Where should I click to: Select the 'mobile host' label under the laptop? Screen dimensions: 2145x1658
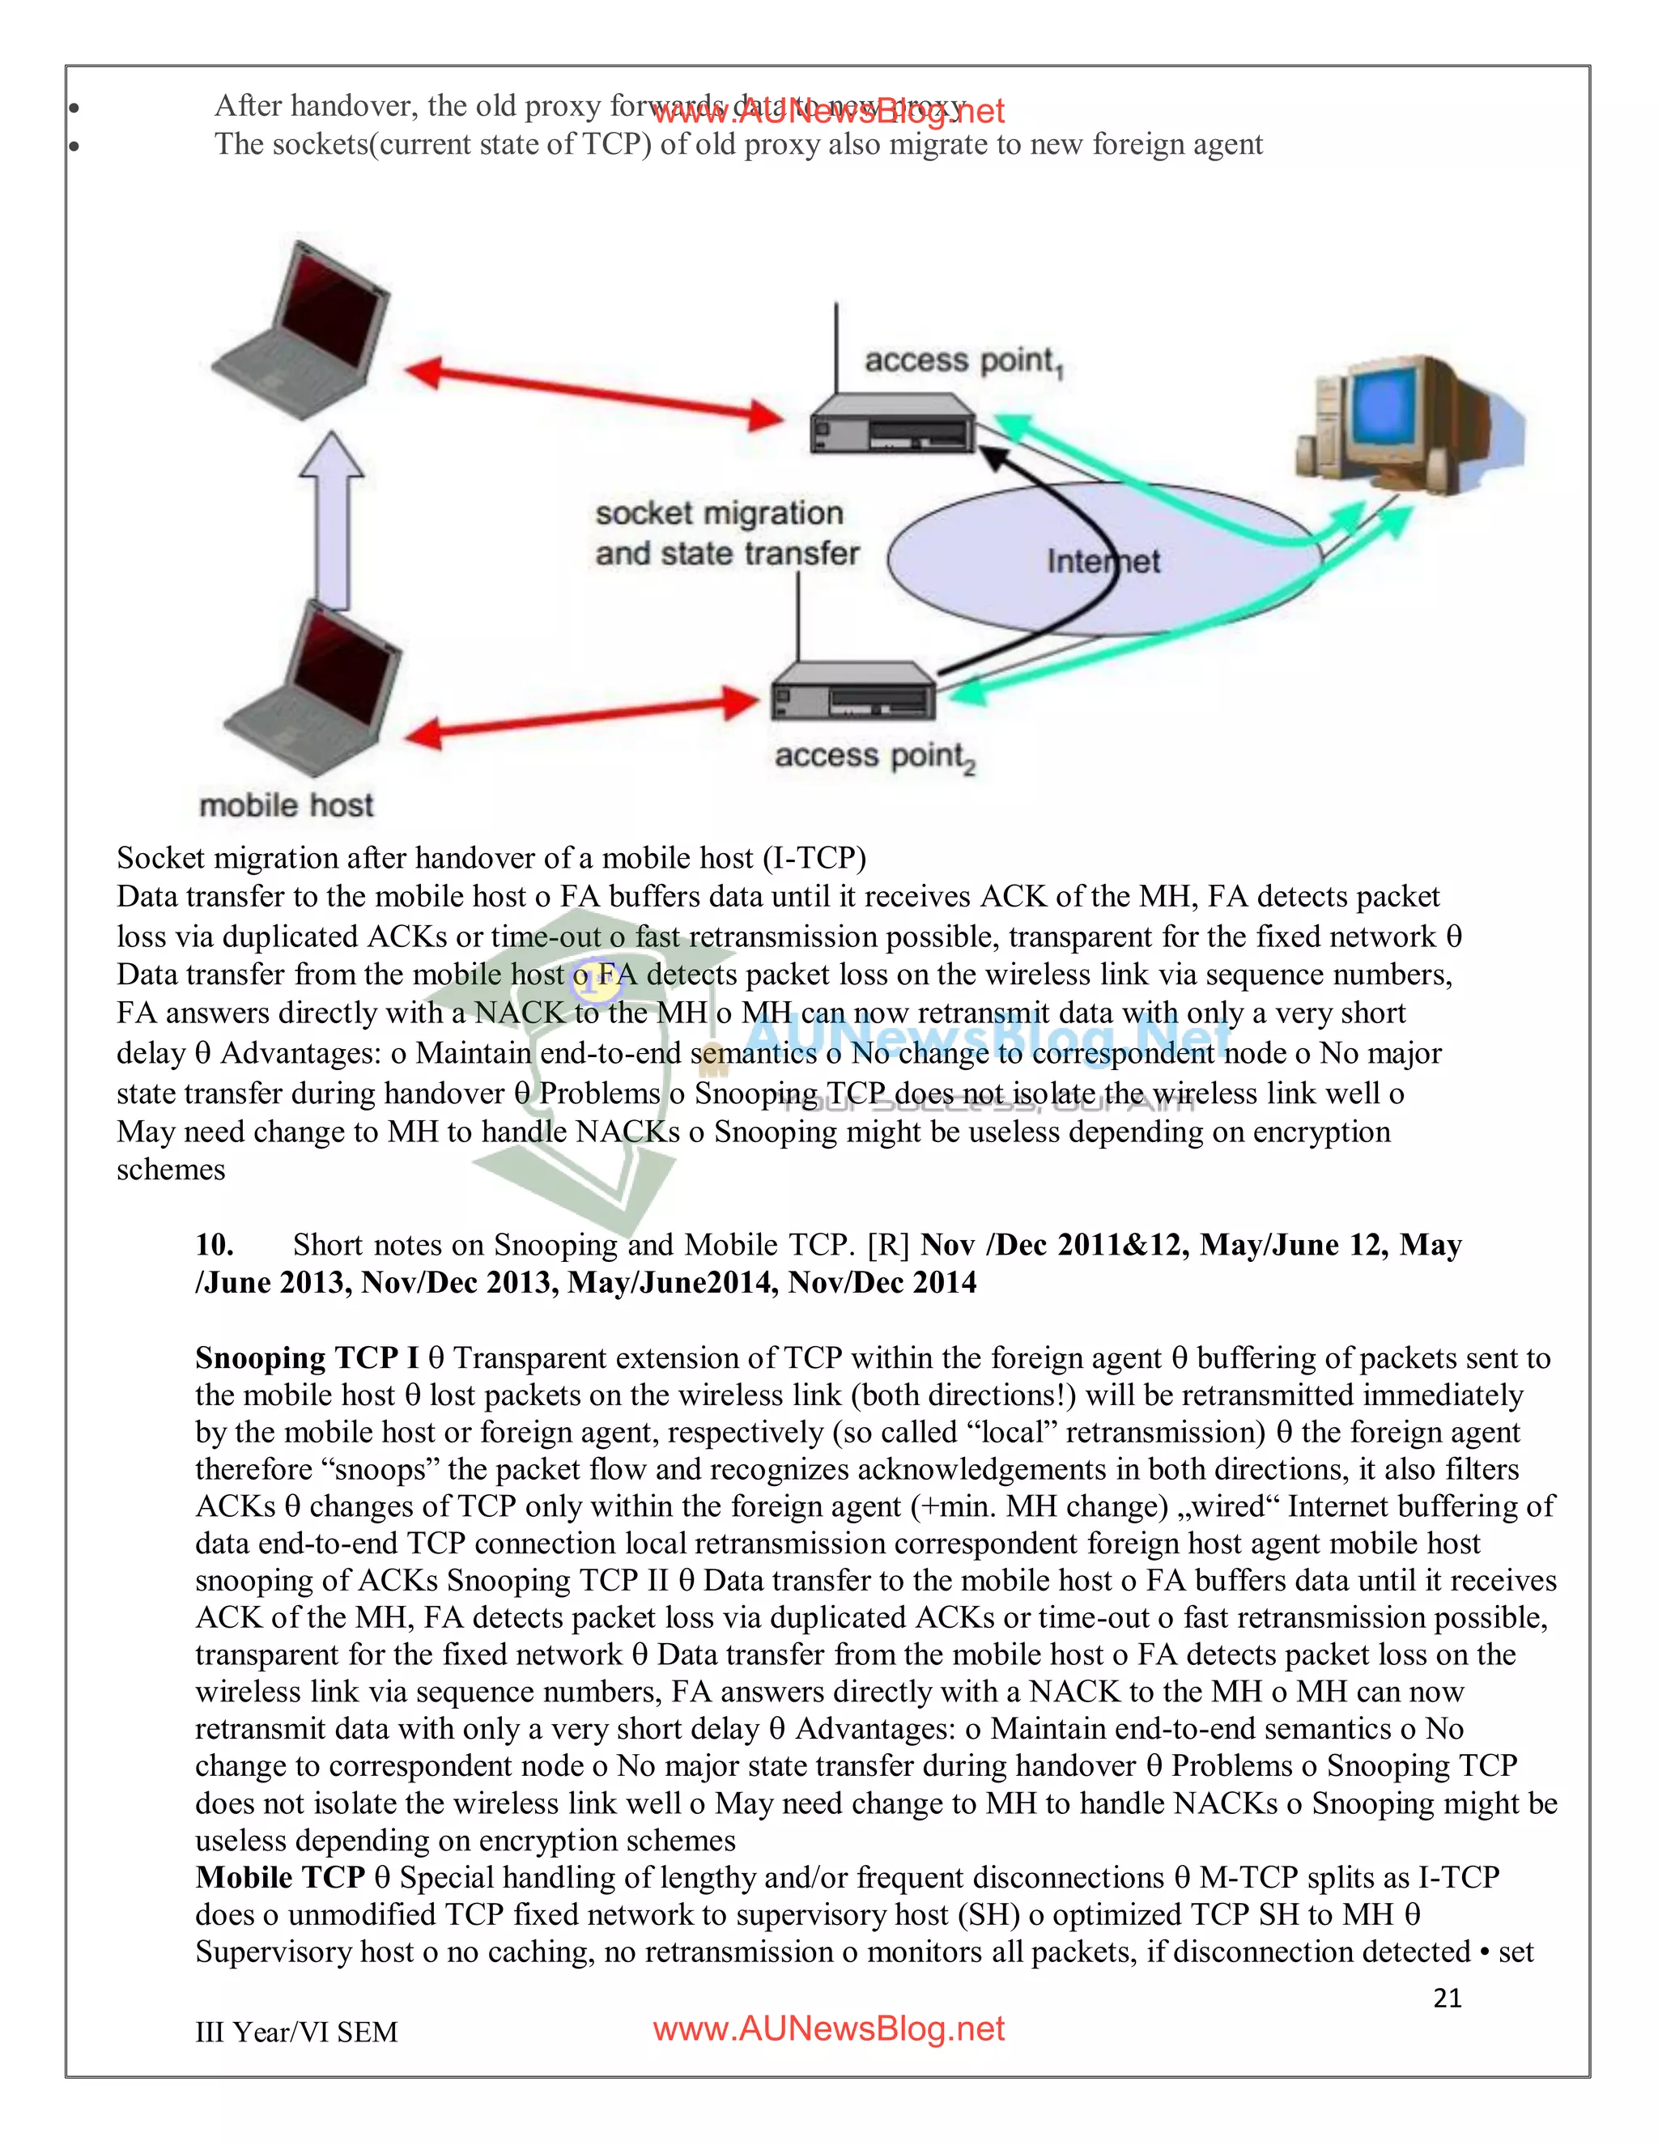click(286, 805)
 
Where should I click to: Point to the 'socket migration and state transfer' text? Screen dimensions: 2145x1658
click(726, 533)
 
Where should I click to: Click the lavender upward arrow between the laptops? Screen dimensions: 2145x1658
click(332, 520)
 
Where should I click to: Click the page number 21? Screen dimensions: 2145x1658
click(1447, 1998)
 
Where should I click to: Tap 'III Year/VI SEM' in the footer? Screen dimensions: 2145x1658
click(296, 2032)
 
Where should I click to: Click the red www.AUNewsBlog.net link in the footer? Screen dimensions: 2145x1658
click(828, 2029)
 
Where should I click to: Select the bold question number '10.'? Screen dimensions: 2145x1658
click(214, 1244)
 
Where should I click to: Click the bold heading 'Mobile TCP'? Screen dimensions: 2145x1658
click(280, 1877)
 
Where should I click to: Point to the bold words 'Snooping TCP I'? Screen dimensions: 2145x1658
click(307, 1357)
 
